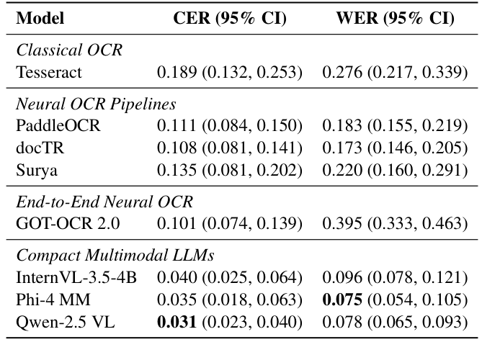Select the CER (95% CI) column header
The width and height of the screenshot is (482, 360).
point(230,18)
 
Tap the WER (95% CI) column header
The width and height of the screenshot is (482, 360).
point(396,18)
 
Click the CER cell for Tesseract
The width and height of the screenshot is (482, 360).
point(230,72)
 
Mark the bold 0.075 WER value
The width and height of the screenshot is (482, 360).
point(339,300)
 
